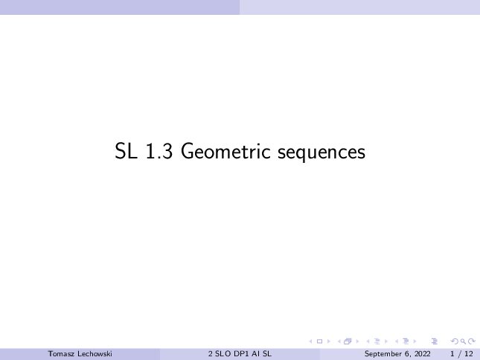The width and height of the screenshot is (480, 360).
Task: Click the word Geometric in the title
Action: (225, 151)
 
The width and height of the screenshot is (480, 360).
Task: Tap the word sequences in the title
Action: (321, 152)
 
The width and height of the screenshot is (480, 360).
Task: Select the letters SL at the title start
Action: (126, 151)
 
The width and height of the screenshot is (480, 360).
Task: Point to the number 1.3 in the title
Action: (159, 151)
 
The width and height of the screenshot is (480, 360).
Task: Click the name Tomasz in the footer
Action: (61, 354)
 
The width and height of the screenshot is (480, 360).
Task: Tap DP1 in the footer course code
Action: (242, 354)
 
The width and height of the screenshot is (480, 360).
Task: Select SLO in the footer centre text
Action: (223, 354)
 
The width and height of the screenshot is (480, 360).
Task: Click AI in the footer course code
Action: (256, 354)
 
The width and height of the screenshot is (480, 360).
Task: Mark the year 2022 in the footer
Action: (423, 354)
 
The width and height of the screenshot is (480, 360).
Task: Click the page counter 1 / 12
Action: (461, 354)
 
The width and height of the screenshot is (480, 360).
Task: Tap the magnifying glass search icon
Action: (463, 341)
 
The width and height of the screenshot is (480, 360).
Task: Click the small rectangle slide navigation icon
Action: (319, 341)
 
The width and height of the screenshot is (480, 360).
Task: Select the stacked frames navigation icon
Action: (348, 341)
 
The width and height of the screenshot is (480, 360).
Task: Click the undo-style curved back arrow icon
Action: (455, 341)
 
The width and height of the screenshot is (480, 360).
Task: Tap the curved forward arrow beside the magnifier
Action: (472, 341)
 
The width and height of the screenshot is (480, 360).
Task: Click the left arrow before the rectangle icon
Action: (311, 341)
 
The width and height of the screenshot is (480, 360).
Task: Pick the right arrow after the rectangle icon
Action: (329, 341)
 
